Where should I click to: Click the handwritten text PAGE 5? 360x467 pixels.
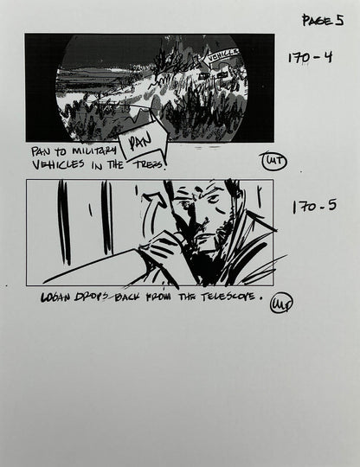click(323, 19)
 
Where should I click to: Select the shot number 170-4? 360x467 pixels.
click(309, 58)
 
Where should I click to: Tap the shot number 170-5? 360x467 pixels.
click(313, 207)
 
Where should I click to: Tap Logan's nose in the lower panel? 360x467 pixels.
click(197, 229)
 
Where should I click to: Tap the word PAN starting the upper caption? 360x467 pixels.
click(42, 150)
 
